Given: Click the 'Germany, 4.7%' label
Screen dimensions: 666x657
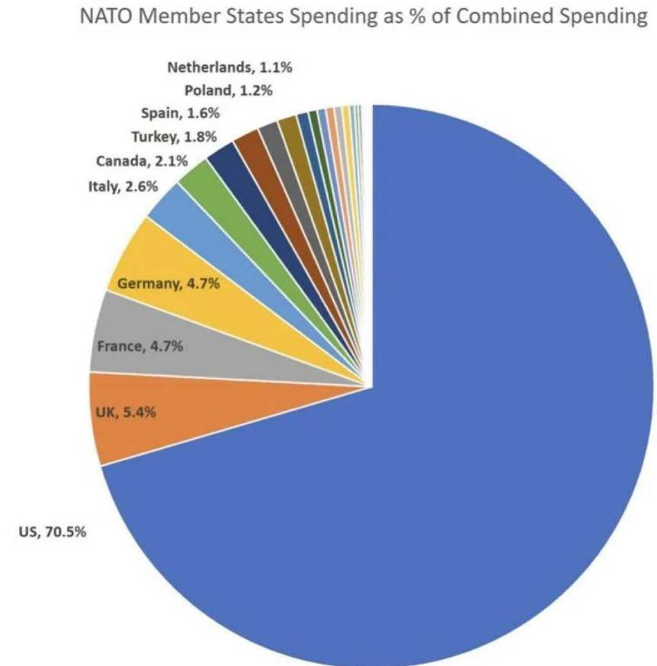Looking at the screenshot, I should [168, 285].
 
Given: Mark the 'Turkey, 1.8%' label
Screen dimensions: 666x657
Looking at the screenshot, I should [174, 137].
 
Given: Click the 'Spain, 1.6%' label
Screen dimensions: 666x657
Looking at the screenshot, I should [181, 114].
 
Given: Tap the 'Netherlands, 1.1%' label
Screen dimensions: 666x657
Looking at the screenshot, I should [229, 67].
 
